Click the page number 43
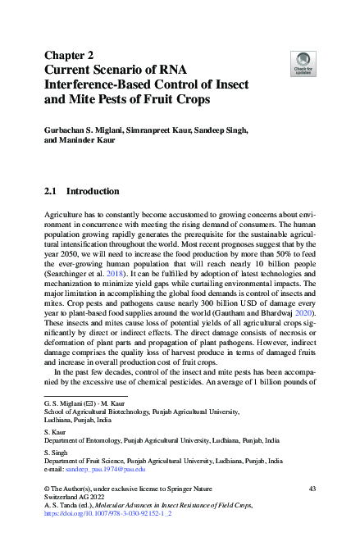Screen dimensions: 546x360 point(311,489)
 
